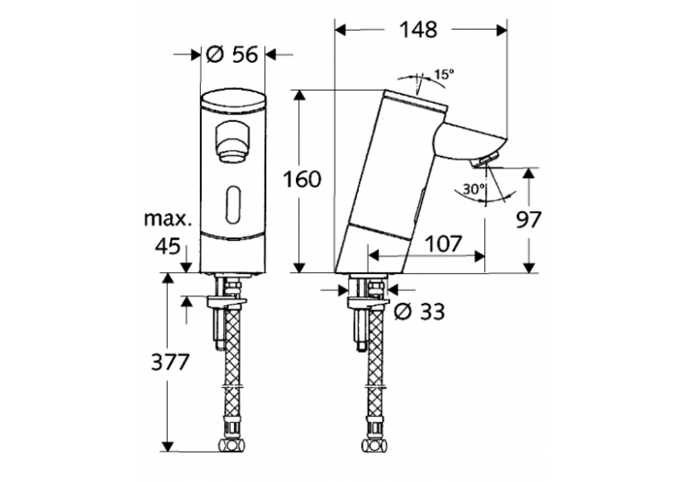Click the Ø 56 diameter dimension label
[x=232, y=55]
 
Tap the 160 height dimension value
[x=302, y=179]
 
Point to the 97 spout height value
[x=529, y=220]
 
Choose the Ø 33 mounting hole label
[x=420, y=311]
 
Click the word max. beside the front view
[x=169, y=220]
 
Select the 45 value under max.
[x=169, y=246]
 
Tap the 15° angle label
[x=444, y=74]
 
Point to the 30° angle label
[x=474, y=189]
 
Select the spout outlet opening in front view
[x=232, y=140]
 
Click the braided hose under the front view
[x=234, y=371]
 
